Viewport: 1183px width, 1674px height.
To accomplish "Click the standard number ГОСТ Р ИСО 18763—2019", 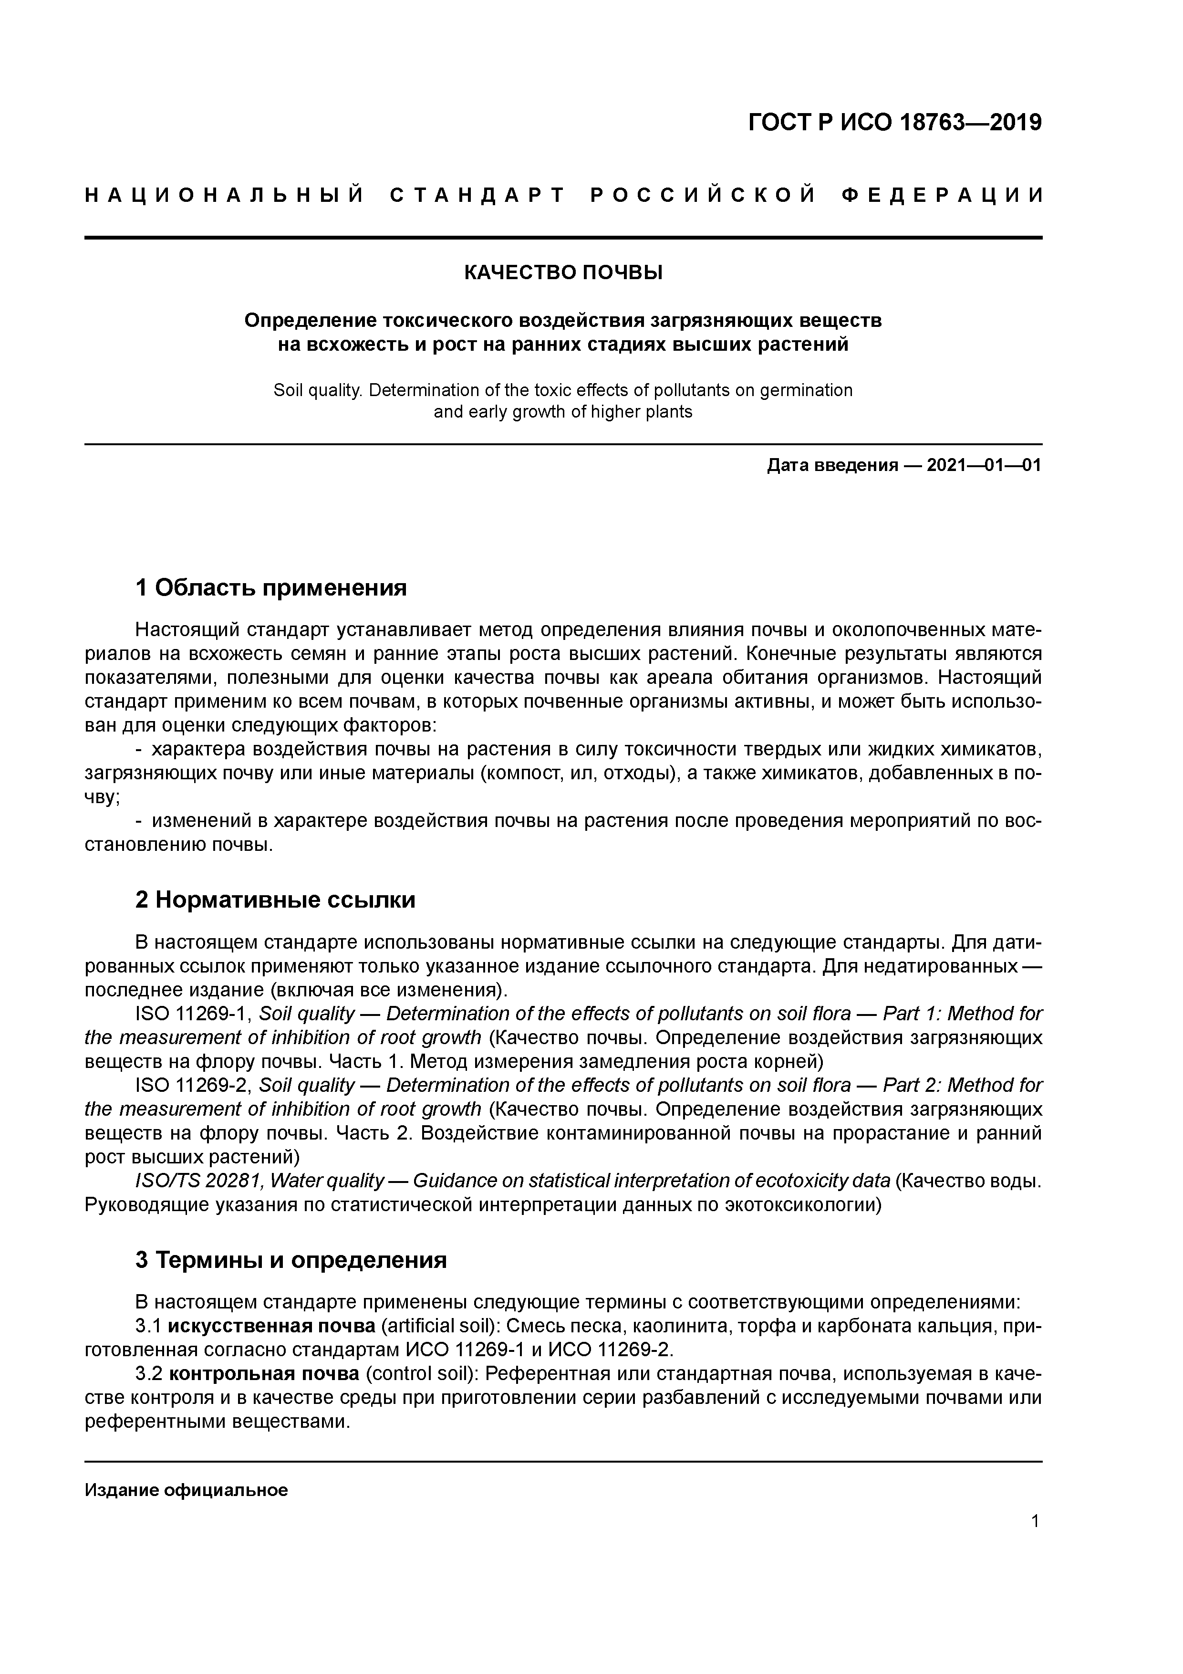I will tap(894, 123).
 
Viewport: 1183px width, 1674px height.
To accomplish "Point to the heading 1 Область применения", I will tap(270, 587).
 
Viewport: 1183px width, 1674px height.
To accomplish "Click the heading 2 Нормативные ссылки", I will tap(276, 900).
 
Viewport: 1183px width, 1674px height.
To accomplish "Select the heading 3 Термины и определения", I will tap(291, 1260).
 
